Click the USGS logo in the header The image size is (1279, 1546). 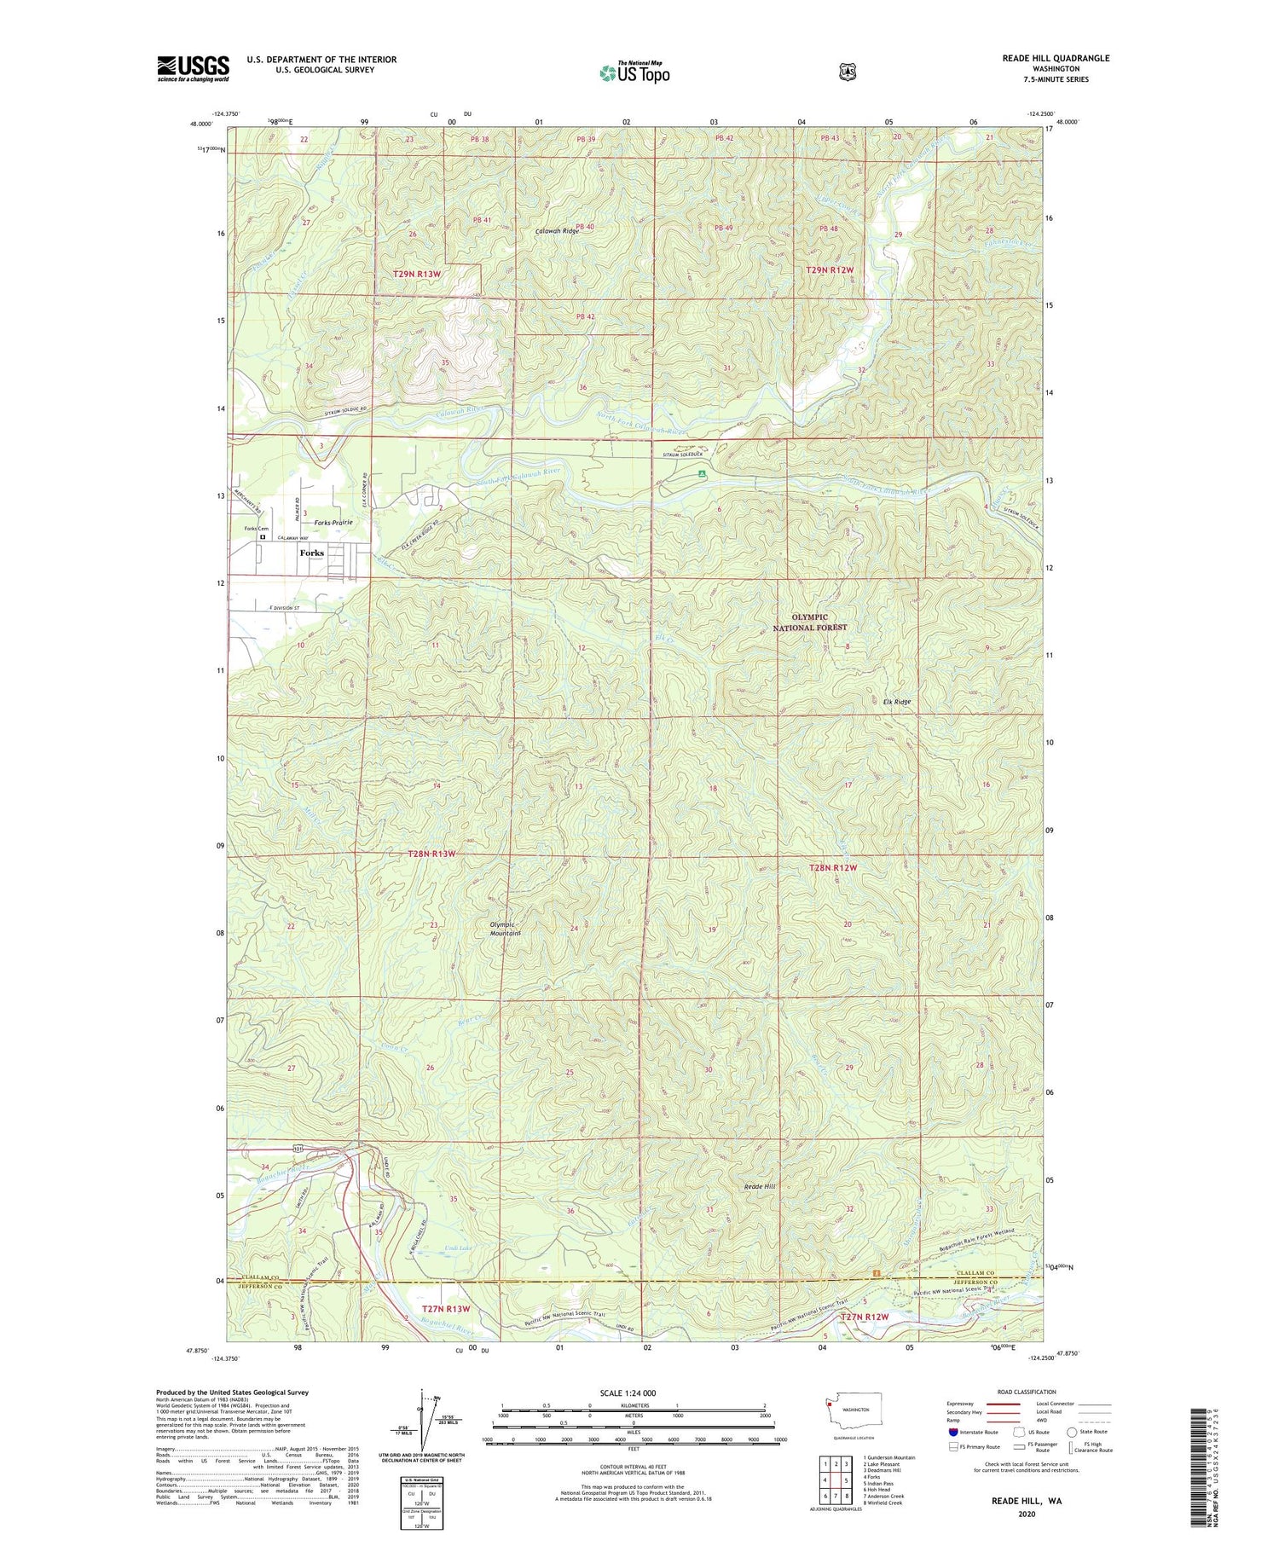coord(193,68)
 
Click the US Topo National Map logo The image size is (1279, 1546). coord(634,72)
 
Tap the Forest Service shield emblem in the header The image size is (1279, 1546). coord(847,72)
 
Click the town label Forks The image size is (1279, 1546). coord(312,553)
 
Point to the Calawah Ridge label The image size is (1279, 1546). coord(558,231)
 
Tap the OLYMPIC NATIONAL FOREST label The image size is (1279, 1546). coord(810,622)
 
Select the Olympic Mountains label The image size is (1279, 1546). coord(505,929)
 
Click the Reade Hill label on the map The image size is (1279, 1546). coord(760,1186)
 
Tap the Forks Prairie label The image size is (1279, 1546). coord(333,522)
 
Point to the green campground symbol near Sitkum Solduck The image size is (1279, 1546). coord(702,472)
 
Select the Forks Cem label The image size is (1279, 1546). coord(256,529)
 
